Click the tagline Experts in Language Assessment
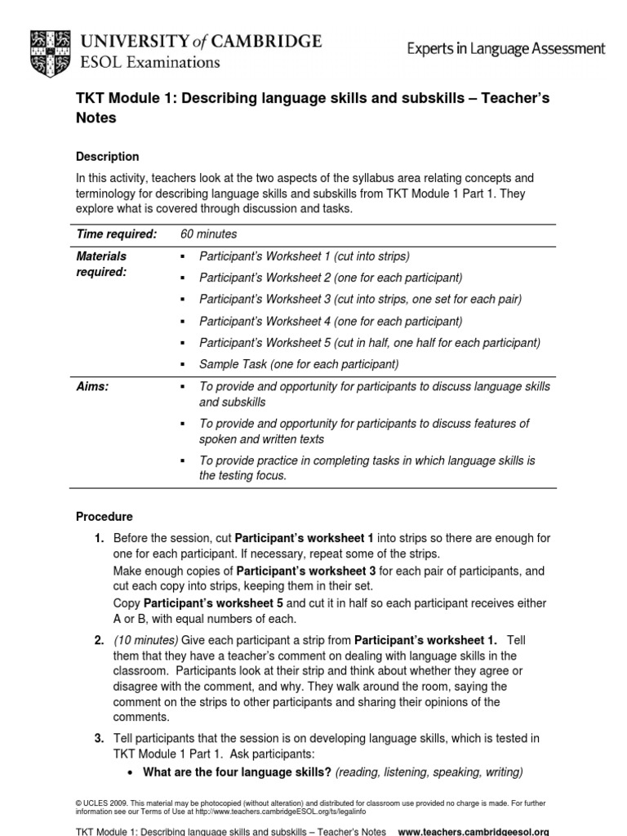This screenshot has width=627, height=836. tap(506, 49)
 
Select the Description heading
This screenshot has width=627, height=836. tap(107, 157)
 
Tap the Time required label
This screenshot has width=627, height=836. tap(116, 234)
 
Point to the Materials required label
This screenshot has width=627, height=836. tap(101, 264)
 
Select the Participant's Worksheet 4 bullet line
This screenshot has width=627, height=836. tap(331, 321)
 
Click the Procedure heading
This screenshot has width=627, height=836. tap(104, 517)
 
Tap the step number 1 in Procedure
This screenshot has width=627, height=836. tap(99, 538)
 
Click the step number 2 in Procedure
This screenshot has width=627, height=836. tap(99, 639)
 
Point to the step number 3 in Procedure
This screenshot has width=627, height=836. tap(99, 738)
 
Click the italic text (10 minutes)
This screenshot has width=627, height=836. tap(145, 639)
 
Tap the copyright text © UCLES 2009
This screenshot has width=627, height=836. tap(104, 803)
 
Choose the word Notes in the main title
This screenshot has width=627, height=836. tap(96, 118)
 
